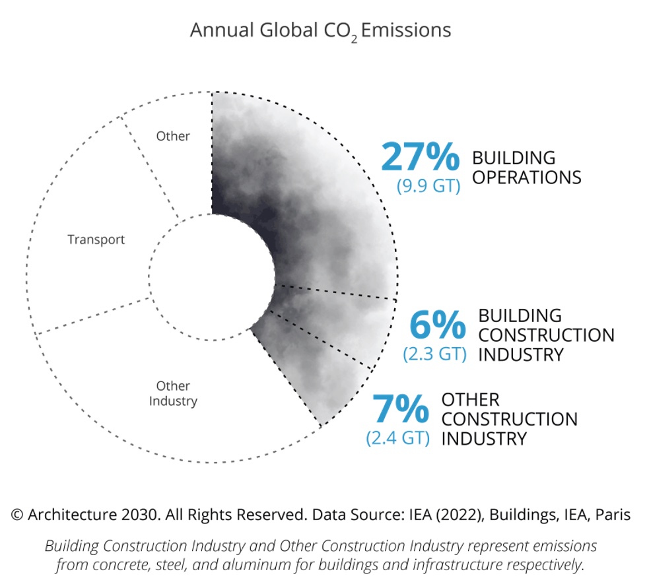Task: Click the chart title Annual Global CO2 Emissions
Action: tap(320, 30)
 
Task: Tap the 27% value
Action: tap(419, 158)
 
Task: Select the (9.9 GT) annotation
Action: tap(428, 186)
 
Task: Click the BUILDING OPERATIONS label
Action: tap(526, 168)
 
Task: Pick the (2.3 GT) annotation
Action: tap(434, 354)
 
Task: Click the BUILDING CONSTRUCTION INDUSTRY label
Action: tap(545, 335)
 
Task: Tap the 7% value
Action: tap(401, 408)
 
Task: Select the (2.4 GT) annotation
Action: tap(397, 438)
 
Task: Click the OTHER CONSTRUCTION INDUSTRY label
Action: tap(509, 419)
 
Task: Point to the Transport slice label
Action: tap(96, 240)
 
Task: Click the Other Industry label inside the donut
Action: tap(173, 393)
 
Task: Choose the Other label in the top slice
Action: tap(173, 137)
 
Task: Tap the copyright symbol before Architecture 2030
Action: tap(17, 515)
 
